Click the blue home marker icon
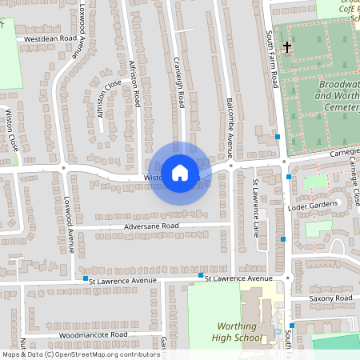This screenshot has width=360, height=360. point(180,172)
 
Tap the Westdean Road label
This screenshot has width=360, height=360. point(50,38)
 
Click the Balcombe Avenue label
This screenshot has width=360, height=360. point(231,128)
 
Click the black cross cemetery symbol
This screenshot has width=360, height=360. point(286,47)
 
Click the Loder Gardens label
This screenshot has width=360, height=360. point(320,206)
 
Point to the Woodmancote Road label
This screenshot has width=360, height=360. point(93,334)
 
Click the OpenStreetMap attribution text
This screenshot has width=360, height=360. point(80,354)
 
